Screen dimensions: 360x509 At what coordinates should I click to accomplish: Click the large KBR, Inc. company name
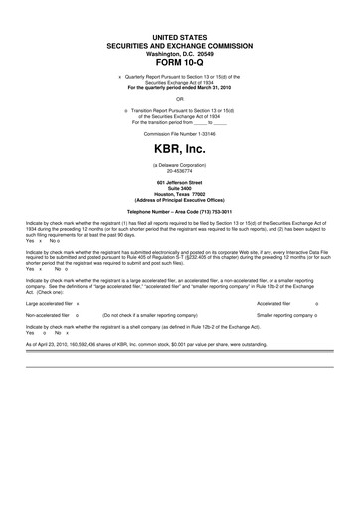(x=179, y=146)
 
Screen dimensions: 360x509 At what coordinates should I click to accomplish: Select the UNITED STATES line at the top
(x=179, y=36)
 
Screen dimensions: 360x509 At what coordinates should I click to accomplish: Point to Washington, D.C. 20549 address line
(x=179, y=53)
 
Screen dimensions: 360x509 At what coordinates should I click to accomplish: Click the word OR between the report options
(x=179, y=98)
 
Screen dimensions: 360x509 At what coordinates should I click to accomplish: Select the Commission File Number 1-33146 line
(x=179, y=131)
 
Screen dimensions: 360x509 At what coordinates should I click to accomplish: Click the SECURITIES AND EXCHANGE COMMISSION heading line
(x=179, y=45)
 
